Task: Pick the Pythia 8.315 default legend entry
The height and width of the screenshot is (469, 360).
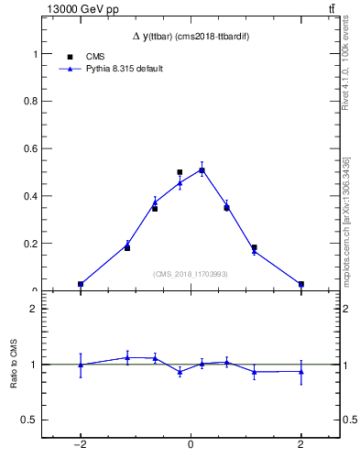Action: [x=124, y=69]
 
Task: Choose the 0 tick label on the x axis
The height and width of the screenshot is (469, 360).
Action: [x=191, y=444]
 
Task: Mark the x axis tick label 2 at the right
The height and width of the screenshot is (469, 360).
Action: [x=300, y=444]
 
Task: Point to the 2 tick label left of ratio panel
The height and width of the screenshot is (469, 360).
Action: [x=38, y=309]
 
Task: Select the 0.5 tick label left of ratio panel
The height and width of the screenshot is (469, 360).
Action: [x=34, y=420]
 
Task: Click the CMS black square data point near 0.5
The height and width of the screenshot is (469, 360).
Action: [x=180, y=172]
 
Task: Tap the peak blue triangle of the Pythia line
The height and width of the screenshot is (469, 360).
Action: [x=202, y=169]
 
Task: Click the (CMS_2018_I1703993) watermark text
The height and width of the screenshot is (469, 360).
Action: [x=190, y=274]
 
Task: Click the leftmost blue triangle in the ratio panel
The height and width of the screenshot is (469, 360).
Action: [x=81, y=365]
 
